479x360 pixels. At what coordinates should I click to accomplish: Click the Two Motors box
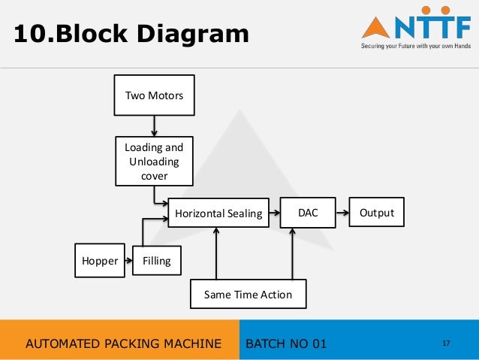(x=154, y=95)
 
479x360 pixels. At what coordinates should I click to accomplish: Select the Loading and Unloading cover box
(x=154, y=161)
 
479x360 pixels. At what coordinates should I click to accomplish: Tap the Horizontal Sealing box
(x=218, y=213)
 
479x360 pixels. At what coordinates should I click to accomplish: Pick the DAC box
(x=308, y=213)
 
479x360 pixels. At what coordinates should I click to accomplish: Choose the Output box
(x=377, y=213)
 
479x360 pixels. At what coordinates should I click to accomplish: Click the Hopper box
(x=100, y=261)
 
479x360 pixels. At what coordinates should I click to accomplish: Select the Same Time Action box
(x=248, y=295)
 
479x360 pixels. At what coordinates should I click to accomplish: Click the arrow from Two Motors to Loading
(x=154, y=126)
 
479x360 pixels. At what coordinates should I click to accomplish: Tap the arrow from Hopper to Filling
(x=128, y=261)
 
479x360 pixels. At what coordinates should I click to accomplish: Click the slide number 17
(x=446, y=343)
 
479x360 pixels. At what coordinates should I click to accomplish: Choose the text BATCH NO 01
(x=287, y=344)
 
